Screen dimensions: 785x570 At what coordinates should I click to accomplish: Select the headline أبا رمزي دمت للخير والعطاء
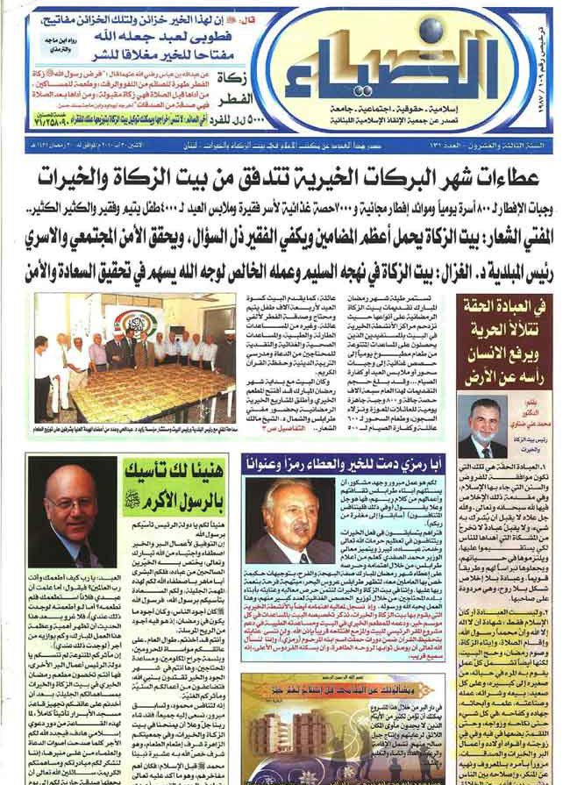342,461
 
